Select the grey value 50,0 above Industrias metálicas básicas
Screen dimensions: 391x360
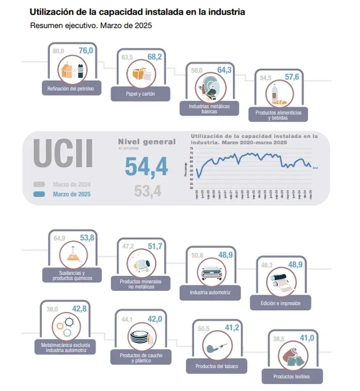(196, 71)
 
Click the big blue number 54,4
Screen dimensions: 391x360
(146, 166)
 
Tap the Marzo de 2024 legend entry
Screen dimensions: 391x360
(72, 185)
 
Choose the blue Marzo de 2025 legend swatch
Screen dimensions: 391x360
(39, 194)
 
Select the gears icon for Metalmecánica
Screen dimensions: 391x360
(63, 325)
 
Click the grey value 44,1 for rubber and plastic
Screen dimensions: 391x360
(126, 319)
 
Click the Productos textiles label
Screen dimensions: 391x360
(291, 376)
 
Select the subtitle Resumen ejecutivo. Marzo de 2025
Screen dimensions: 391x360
(91, 26)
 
